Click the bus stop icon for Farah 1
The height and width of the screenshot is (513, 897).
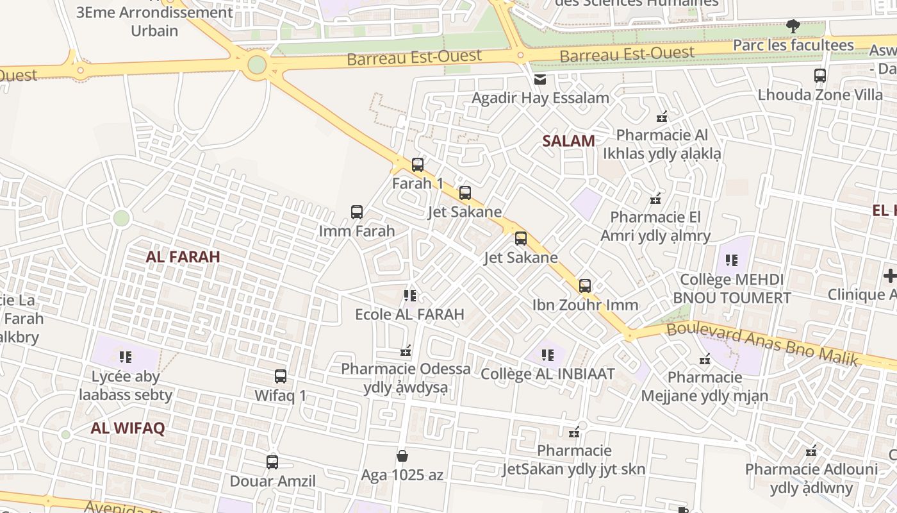coord(418,165)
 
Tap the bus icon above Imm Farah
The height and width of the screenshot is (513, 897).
coord(357,212)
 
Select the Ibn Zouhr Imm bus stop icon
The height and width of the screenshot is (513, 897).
coord(585,286)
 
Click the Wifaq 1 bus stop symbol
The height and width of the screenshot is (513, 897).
coord(281,376)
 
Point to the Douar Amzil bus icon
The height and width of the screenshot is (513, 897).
coord(272,462)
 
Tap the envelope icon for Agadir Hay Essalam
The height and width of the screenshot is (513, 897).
coord(540,80)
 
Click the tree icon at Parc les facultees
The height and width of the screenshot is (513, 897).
coord(793,26)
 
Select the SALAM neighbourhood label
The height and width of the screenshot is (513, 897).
coord(568,141)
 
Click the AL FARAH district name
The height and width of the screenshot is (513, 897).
coord(183,257)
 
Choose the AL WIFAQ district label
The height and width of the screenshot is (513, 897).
coord(128,428)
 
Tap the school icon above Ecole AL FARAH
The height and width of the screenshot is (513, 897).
coord(410,296)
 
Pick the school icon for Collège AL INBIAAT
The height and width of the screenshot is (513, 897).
coord(548,355)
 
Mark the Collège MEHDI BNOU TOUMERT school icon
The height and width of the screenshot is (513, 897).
coord(732,260)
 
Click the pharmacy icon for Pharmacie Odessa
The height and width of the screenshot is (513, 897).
coord(406,350)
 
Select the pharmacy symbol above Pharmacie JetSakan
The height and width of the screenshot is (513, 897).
coord(575,432)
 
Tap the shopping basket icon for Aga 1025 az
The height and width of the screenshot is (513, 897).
coord(402,456)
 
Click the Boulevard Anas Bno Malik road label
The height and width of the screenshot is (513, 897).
coord(762,345)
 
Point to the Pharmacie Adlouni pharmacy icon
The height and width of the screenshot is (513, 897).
coord(812,450)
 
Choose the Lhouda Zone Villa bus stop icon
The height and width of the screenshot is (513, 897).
coord(820,76)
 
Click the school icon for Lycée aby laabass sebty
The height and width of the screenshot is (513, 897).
coord(126,357)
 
